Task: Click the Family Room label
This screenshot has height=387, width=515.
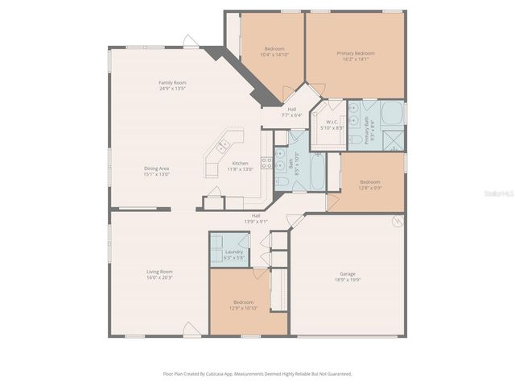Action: pyautogui.click(x=172, y=82)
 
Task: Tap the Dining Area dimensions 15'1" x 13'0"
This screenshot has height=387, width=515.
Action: pyautogui.click(x=156, y=174)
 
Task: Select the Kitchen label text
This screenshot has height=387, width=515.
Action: pyautogui.click(x=241, y=164)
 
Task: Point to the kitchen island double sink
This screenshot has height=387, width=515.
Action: pyautogui.click(x=222, y=147)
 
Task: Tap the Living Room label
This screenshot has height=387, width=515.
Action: pyautogui.click(x=161, y=272)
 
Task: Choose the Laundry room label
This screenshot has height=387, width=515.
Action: pyautogui.click(x=234, y=252)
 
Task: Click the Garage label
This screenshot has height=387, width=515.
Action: pyautogui.click(x=347, y=273)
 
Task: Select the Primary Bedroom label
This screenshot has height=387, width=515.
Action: pyautogui.click(x=355, y=53)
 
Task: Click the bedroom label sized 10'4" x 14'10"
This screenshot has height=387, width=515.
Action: pyautogui.click(x=273, y=48)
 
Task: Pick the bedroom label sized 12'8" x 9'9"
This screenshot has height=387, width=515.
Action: pyautogui.click(x=370, y=181)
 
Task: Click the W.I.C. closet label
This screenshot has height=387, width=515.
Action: pyautogui.click(x=332, y=122)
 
